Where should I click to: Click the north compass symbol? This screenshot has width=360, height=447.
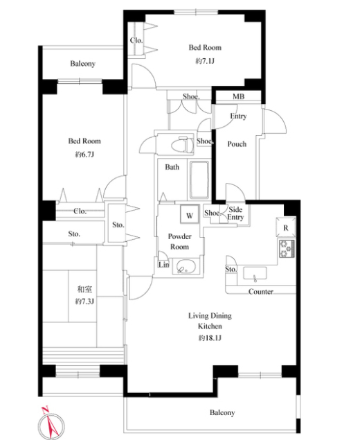coord(51,426)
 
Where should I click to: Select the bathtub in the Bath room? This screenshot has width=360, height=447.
coord(199,180)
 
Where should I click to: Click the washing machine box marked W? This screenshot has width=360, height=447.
coord(190,214)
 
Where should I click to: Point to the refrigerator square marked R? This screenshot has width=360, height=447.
coord(286,227)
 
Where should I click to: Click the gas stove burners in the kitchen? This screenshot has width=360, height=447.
coord(287,249)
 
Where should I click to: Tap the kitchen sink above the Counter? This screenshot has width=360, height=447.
coord(255,274)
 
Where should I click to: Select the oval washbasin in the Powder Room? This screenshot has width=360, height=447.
coord(185,267)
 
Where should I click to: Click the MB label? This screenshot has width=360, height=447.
coord(238,96)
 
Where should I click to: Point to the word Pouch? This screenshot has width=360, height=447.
coord(237,144)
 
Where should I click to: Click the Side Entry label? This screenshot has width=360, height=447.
coord(235,213)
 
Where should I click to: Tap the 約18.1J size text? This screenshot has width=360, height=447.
coord(210,338)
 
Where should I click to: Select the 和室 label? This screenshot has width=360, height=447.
coord(84,290)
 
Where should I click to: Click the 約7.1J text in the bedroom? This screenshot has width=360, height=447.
coord(205,61)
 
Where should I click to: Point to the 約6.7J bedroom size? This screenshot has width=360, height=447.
coord(84,155)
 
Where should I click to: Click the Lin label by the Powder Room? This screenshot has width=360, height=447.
coord(164,265)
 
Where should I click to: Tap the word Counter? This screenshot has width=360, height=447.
coord(260,291)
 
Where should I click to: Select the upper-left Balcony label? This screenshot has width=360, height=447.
coord(82,63)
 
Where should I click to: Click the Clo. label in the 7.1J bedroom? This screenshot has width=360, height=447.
coord(136,40)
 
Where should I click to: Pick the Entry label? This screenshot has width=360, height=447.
coord(238,116)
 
